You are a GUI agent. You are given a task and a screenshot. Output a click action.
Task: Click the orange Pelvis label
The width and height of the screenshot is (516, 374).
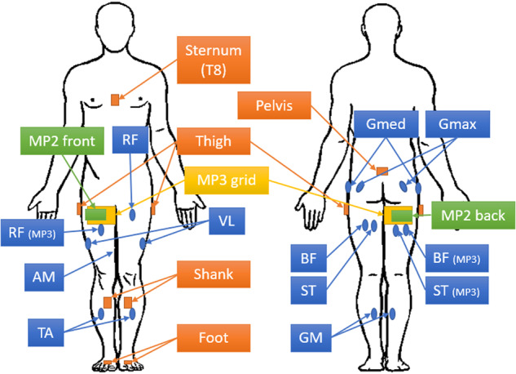pyautogui.click(x=271, y=105)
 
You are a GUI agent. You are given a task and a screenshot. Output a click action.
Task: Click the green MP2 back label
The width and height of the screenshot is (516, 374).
pyautogui.click(x=474, y=215)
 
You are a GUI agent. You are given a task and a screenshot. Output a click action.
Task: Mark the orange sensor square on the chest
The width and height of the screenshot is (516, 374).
pyautogui.click(x=116, y=100)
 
